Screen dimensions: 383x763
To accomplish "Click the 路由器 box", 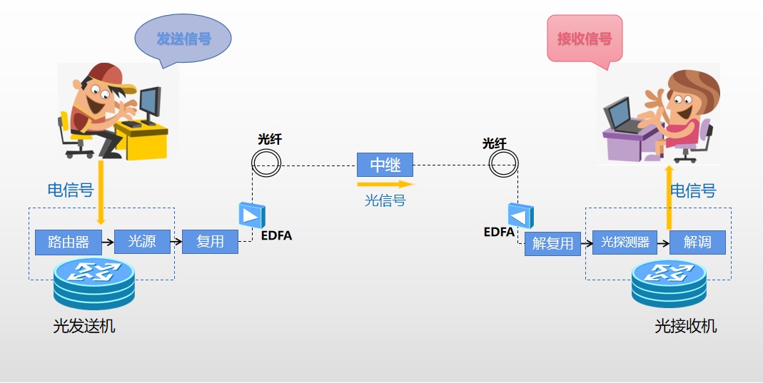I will pos(69,242).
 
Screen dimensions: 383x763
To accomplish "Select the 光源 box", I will pos(142,242).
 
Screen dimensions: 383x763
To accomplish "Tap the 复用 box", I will pos(210,242).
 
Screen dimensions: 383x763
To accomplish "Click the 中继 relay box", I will pos(385,165).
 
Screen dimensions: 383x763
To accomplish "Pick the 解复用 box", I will pos(552,244).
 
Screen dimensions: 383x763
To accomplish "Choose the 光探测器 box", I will pos(625,242).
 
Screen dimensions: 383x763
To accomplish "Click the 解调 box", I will pos(697,242).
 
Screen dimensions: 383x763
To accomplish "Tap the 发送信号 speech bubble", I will pos(183,39).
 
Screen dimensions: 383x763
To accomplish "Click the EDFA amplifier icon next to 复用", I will pos(252,215).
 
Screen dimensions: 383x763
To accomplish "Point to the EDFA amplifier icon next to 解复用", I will pos(520,216).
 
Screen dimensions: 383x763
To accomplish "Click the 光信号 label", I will pos(385,201).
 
